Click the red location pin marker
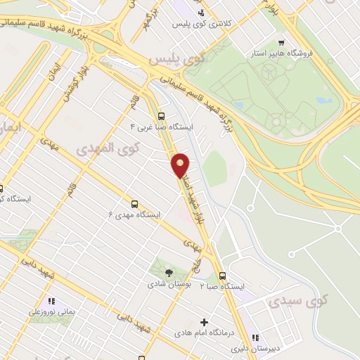pyautogui.click(x=181, y=165)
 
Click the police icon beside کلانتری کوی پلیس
pyautogui.click(x=202, y=13)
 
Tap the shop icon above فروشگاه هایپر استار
pyautogui.click(x=281, y=41)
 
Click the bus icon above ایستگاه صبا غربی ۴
pyautogui.click(x=162, y=116)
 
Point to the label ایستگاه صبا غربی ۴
pyautogui.click(x=162, y=127)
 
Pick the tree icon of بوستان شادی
pyautogui.click(x=168, y=273)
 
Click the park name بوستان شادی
pyautogui.click(x=167, y=285)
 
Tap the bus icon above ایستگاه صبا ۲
pyautogui.click(x=223, y=276)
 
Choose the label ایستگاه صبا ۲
pyautogui.click(x=222, y=288)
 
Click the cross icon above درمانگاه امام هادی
pyautogui.click(x=205, y=322)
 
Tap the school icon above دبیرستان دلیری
pyautogui.click(x=256, y=337)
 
